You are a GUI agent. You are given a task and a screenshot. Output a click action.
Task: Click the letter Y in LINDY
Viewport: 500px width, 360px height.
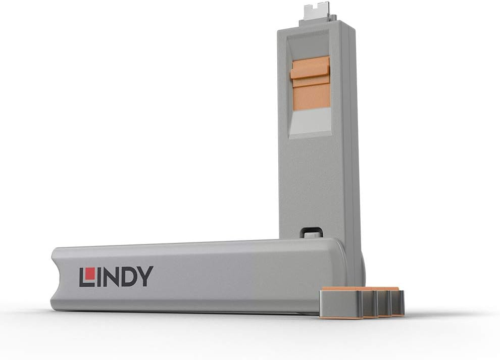145,277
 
